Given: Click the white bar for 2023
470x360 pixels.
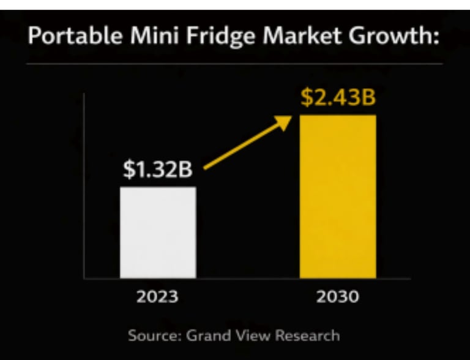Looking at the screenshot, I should pos(158,233).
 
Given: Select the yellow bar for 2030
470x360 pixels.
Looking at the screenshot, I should pos(337,196).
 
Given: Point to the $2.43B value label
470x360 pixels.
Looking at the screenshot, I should pos(337,97).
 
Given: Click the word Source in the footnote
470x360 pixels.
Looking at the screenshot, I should pos(151,336).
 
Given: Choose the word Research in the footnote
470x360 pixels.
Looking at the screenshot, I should pos(308,336).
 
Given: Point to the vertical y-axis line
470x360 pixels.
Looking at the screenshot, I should pos(84,184).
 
